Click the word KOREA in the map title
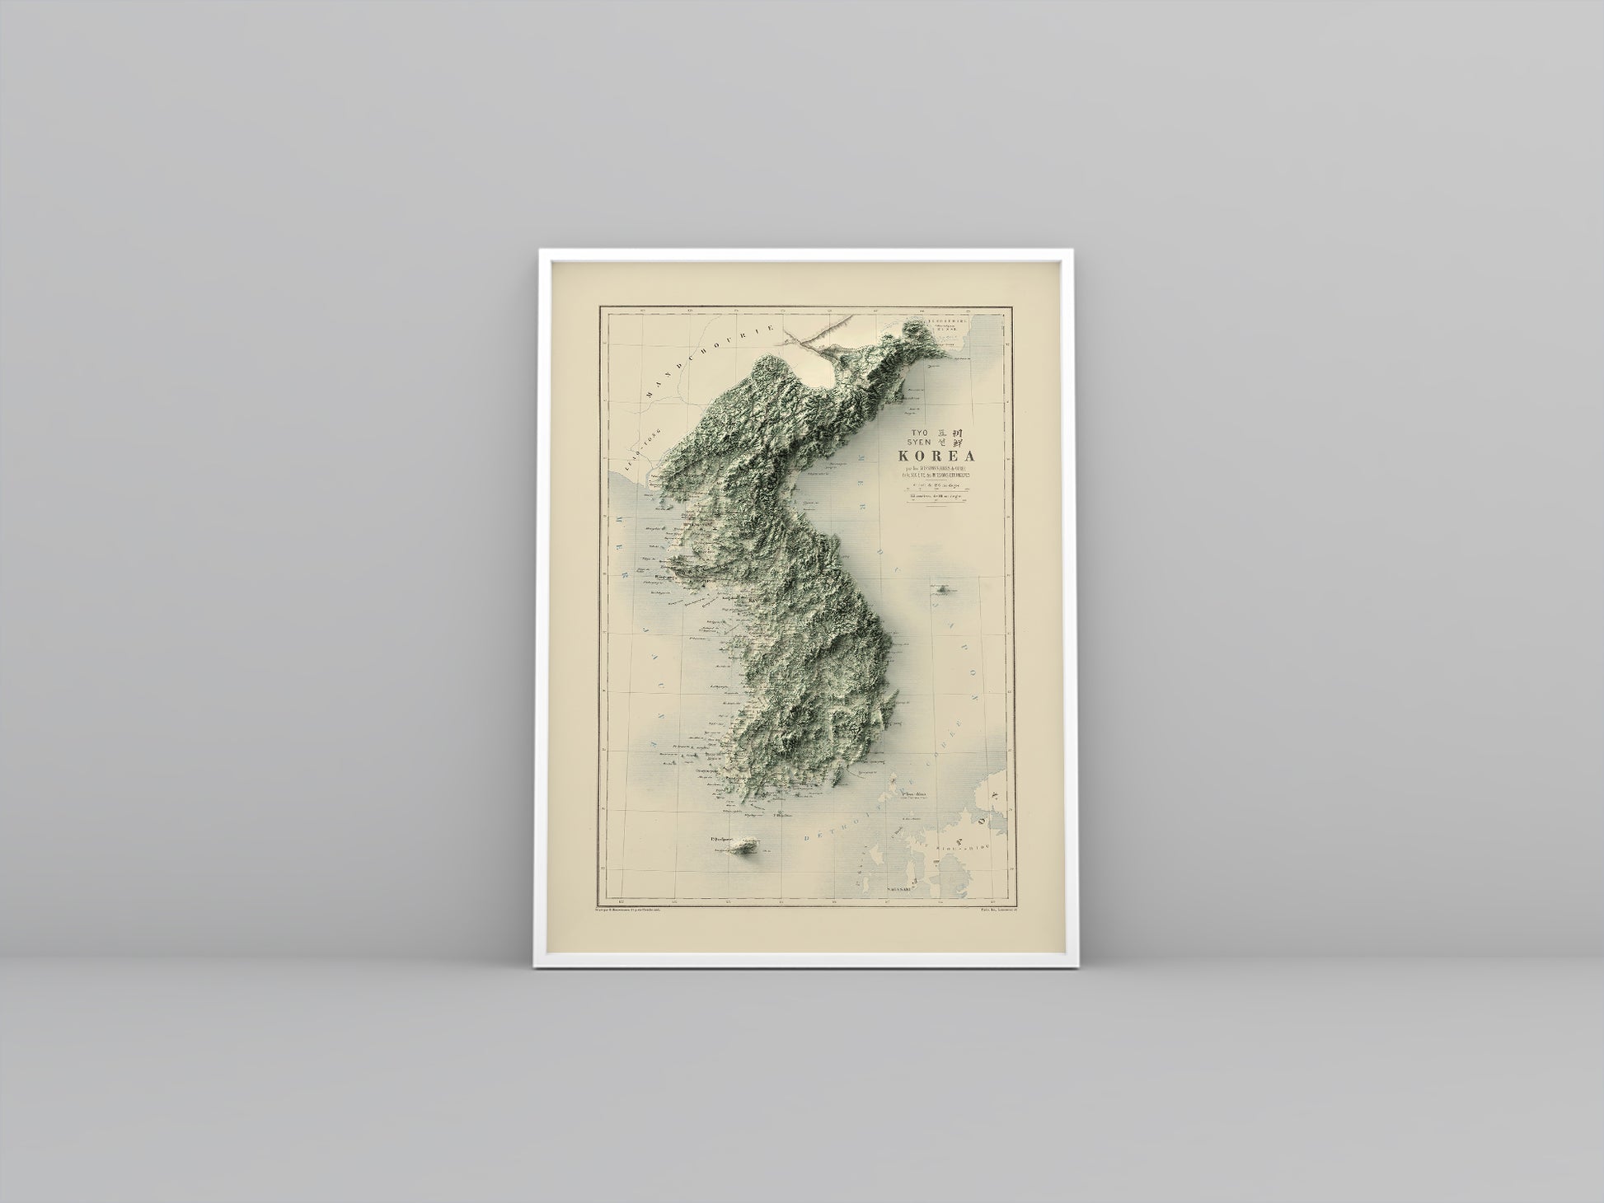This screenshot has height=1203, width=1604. coord(936,456)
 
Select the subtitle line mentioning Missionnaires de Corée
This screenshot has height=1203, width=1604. coord(940,471)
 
